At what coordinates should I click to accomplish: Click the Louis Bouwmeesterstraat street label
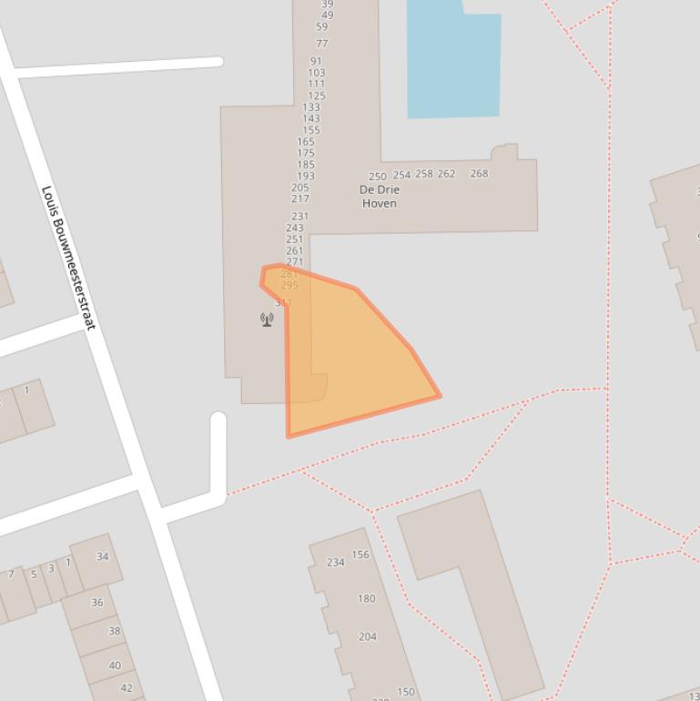coord(69,258)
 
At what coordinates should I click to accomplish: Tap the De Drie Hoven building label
coord(380,197)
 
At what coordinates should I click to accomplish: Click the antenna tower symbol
coord(267,320)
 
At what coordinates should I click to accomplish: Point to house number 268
coord(479,173)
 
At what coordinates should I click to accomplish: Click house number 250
coord(377,177)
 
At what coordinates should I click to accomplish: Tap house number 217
coord(300,198)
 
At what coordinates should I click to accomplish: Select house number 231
coord(300,217)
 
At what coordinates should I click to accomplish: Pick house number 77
coord(322,44)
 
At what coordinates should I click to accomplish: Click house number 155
coord(311,130)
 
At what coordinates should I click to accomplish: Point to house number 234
coord(336,563)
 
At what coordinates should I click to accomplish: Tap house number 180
coord(366,599)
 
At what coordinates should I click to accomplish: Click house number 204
coord(367,637)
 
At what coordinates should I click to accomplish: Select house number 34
coord(102,556)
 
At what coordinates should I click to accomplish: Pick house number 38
coord(115,631)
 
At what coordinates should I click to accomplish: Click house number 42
coord(127,688)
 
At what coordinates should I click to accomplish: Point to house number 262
coord(446,174)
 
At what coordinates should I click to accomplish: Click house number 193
coord(306,177)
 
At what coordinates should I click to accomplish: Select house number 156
coord(360,554)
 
